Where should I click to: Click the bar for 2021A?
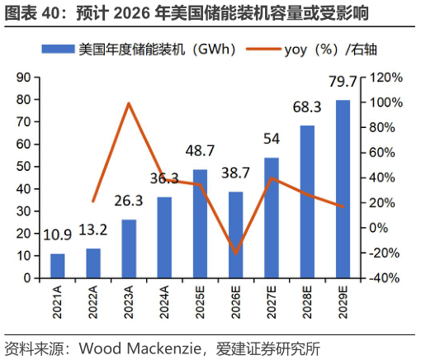[57, 266]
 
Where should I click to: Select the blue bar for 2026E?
[235, 234]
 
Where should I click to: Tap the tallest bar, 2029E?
[342, 189]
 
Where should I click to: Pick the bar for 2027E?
[271, 218]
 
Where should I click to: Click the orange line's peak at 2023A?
[129, 103]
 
